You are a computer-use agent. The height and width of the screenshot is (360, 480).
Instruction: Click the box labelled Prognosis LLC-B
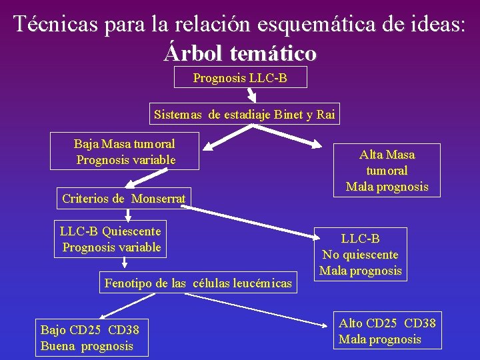[x=240, y=78]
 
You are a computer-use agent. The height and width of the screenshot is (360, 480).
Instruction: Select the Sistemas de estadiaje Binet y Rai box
[x=244, y=114]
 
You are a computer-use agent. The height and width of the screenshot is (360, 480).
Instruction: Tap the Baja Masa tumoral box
[x=125, y=151]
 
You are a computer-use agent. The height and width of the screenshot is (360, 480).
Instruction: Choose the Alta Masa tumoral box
[x=387, y=170]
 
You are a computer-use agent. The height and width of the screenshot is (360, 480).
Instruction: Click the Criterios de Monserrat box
[x=124, y=198]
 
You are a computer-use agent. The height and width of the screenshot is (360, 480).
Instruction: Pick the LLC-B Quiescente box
[x=111, y=239]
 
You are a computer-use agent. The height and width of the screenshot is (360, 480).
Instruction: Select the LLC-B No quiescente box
[x=360, y=254]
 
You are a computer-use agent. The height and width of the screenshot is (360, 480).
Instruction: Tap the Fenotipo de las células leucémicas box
[x=198, y=283]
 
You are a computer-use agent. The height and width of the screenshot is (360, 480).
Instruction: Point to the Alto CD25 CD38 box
[x=387, y=331]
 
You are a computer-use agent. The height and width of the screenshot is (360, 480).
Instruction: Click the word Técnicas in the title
[x=55, y=24]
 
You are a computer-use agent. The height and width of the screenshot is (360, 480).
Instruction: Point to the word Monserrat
[x=159, y=198]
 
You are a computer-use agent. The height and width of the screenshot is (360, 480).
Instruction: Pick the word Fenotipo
[x=127, y=283]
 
